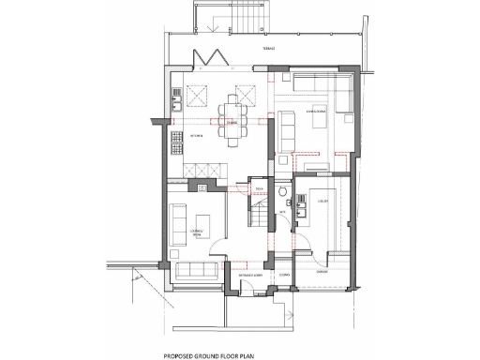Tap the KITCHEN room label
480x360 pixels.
coord(197,137)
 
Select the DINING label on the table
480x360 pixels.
coord(232,122)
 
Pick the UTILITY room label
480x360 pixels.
coord(321,200)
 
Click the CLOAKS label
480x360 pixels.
coord(285,275)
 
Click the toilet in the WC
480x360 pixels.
coord(282,163)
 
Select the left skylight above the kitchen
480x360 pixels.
coord(199,94)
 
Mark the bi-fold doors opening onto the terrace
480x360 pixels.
coord(209,58)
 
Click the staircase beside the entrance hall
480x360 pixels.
coord(261,216)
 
